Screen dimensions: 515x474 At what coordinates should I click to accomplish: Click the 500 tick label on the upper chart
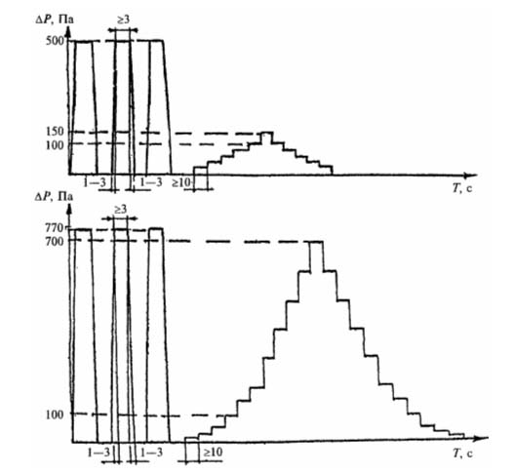tap(56, 41)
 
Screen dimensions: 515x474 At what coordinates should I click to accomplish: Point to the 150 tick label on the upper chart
tap(55, 132)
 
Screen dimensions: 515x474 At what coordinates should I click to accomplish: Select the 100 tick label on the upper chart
tap(55, 145)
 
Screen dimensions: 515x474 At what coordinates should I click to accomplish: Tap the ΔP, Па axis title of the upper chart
tap(55, 20)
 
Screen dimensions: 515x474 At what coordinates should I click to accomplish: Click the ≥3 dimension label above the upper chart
tap(123, 20)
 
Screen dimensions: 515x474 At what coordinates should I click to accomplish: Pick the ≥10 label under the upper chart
tap(181, 183)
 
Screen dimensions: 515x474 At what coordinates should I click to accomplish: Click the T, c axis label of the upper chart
tap(462, 188)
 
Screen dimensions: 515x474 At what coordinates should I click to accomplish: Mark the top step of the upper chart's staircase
tap(266, 133)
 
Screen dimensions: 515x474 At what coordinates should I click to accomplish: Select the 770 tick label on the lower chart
tap(56, 227)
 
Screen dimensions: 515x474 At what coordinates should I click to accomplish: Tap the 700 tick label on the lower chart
tap(55, 242)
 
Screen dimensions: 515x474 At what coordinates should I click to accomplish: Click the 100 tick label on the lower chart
tap(55, 415)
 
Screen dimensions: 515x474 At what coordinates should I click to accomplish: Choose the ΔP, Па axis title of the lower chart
tap(55, 197)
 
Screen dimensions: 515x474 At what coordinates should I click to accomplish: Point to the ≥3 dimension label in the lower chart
tap(121, 210)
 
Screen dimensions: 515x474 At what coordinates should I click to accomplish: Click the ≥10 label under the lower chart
tap(214, 453)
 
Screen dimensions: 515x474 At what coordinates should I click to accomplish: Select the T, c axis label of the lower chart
tap(462, 454)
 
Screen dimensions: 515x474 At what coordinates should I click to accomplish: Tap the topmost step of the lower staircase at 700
tap(317, 242)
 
